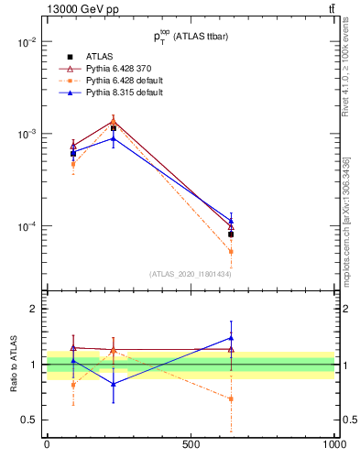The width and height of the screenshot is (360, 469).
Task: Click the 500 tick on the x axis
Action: [x=191, y=444]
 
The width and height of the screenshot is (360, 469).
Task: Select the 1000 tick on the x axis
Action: [x=333, y=444]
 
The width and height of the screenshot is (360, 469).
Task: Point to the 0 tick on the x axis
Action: [x=47, y=444]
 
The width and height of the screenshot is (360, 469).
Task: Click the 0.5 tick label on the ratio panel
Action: [x=29, y=420]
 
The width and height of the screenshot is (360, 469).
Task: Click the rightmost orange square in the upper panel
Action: [x=231, y=251]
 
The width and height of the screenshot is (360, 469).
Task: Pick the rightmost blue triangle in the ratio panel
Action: [x=231, y=337]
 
